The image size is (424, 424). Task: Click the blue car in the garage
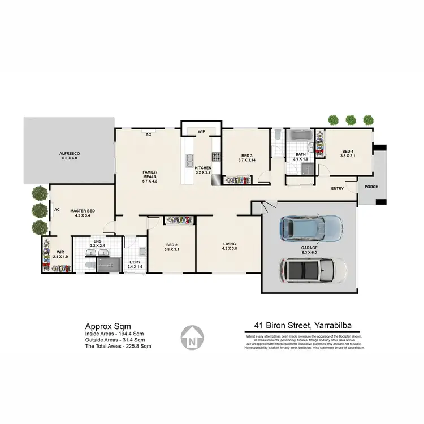coord(311,228)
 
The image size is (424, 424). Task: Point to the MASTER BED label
coord(83,211)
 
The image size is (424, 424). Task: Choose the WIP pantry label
coord(201,131)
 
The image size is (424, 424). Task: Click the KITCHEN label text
coord(203,168)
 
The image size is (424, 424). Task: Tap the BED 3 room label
coord(246,155)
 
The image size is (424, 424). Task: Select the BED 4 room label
coord(348,151)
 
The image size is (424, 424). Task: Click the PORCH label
coord(371,187)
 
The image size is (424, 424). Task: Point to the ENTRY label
coord(338,188)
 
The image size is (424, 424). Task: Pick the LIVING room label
coord(229,244)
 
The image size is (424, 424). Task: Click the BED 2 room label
coord(171,245)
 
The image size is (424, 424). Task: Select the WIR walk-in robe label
coord(60,253)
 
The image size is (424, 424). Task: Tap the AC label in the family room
coord(148,135)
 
